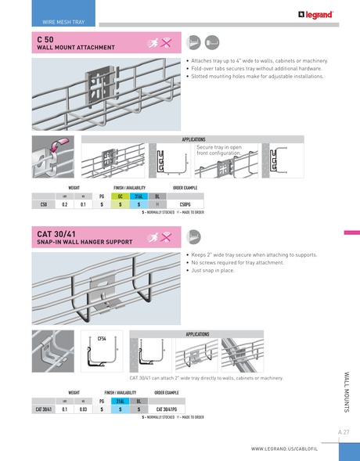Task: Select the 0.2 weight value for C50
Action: tap(64, 204)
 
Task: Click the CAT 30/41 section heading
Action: tap(56, 233)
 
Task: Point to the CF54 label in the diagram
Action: tap(102, 338)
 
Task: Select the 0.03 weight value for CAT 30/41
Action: tap(83, 409)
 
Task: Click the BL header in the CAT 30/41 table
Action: tap(139, 400)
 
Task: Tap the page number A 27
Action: tap(344, 431)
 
